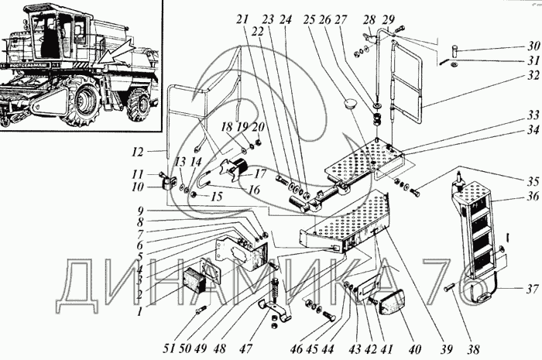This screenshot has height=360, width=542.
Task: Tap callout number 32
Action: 532,77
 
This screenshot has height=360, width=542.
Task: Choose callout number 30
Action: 532,45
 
